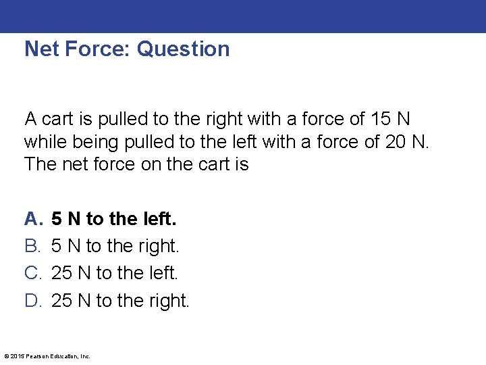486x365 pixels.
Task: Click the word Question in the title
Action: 183,49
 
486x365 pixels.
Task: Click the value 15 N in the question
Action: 390,120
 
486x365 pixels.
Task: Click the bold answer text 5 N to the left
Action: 114,219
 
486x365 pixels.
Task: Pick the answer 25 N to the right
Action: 121,300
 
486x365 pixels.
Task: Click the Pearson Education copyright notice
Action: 47,356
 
